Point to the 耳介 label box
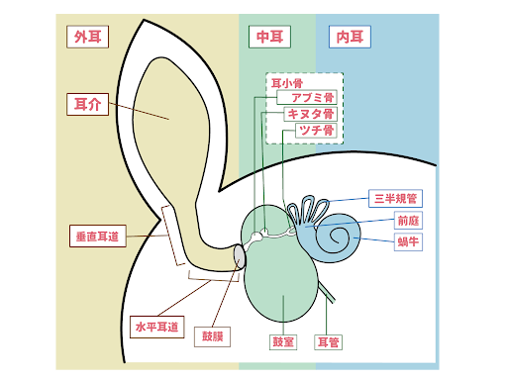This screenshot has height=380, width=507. [x=87, y=104]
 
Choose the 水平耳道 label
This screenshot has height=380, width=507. [x=156, y=326]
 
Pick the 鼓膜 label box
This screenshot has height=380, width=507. [x=214, y=336]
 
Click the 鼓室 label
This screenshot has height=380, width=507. [x=283, y=342]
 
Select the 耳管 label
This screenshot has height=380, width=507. [x=328, y=342]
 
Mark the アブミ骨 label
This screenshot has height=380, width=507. [x=307, y=98]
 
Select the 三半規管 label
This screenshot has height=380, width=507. [x=394, y=199]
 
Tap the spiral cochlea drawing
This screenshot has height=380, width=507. [x=341, y=236]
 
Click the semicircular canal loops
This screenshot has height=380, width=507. [x=307, y=210]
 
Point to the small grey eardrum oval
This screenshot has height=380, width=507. [x=239, y=256]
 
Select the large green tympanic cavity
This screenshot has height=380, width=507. [x=282, y=272]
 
